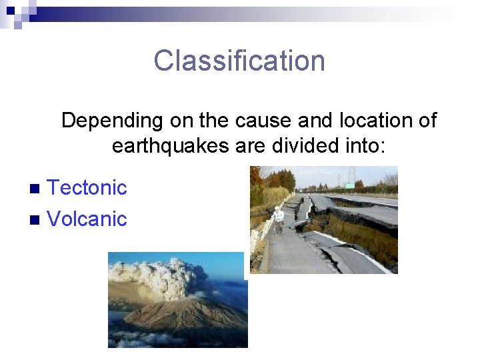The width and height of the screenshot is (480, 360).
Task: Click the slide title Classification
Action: click(239, 61)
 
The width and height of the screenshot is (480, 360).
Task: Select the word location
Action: click(376, 121)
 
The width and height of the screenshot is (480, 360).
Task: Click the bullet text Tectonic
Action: click(87, 188)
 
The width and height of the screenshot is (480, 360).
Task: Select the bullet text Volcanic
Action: click(87, 219)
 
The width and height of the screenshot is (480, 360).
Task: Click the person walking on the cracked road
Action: click(278, 219)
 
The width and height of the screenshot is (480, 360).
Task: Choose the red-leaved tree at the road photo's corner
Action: click(255, 176)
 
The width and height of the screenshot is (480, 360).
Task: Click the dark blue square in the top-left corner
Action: click(10, 10)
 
